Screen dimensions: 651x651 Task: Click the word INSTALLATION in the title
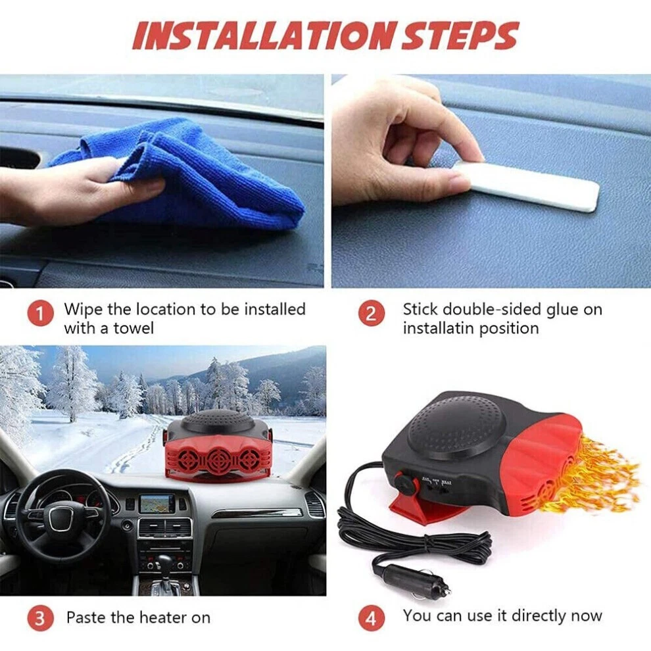(263, 36)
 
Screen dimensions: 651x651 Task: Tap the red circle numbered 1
(40, 314)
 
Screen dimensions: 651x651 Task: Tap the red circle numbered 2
(371, 314)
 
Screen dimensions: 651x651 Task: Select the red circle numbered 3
(40, 618)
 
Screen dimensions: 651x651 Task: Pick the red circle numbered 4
(371, 618)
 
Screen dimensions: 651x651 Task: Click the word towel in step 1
(133, 328)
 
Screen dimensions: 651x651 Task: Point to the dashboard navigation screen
(157, 504)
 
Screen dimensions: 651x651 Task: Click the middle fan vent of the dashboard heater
(218, 459)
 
